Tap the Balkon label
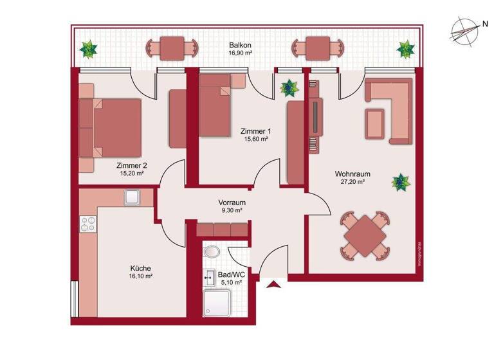239,46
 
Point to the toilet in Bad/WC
210,251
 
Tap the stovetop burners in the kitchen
88,225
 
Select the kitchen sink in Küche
133,197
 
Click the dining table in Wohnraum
365,236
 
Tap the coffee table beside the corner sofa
375,123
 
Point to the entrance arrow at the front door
275,285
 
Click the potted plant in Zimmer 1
289,87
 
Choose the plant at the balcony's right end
406,49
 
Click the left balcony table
172,48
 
